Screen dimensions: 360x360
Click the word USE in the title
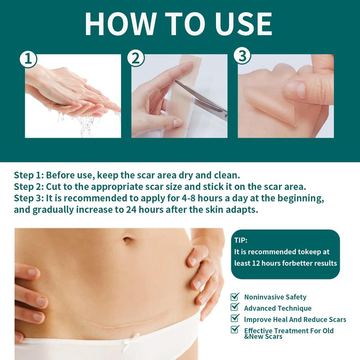244,24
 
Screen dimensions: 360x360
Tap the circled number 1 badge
28,59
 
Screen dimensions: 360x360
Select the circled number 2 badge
136,58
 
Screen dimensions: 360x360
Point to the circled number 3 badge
243,56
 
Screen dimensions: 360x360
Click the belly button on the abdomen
128,240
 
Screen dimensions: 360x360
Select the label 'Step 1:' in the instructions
29,175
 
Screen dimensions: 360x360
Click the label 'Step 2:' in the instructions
29,187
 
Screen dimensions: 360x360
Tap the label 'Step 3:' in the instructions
29,198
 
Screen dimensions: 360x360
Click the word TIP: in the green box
241,240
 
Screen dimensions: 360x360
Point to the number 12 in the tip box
256,263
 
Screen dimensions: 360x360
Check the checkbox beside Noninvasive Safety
235,297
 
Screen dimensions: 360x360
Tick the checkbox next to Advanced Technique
235,307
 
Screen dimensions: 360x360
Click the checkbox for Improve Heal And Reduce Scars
235,318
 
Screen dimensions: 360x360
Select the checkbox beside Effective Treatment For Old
235,329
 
